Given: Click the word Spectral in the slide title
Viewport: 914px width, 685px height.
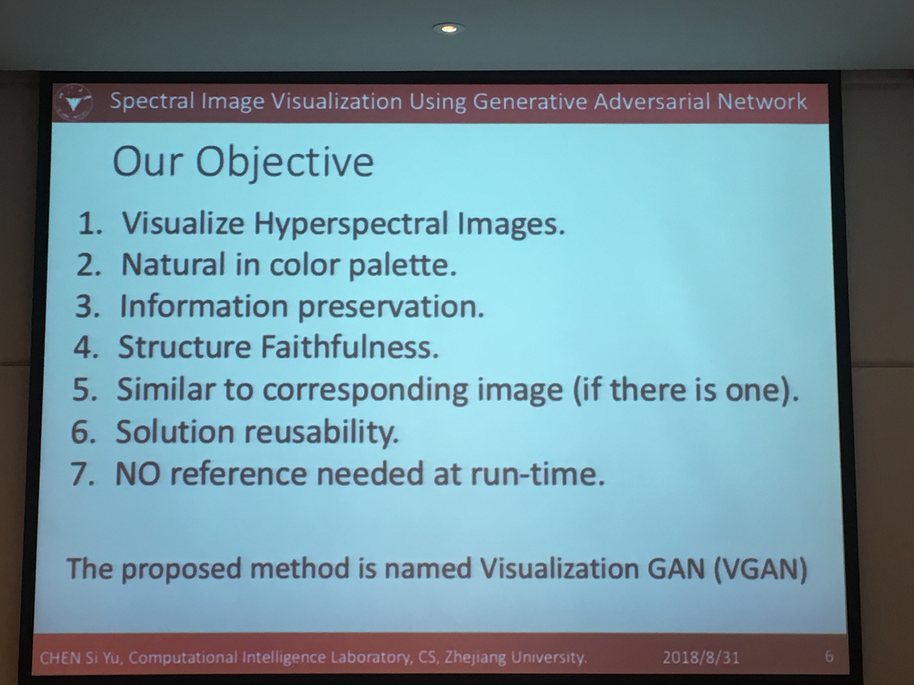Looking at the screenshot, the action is (152, 101).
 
